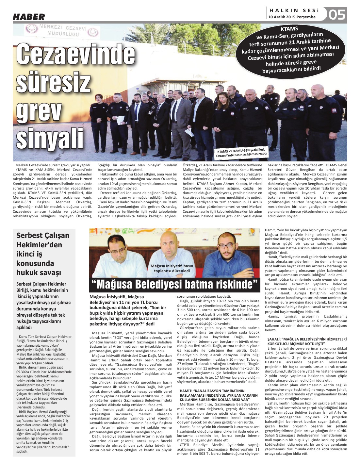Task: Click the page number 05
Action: pyautogui.click(x=337, y=15)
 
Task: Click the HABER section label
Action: pyautogui.click(x=29, y=17)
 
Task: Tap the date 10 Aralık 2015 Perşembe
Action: pyautogui.click(x=292, y=17)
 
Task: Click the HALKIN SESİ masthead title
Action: pyautogui.click(x=294, y=11)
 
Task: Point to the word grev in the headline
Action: pyautogui.click(x=39, y=111)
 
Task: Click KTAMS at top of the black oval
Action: pyautogui.click(x=289, y=29)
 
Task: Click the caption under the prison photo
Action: pyautogui.click(x=241, y=153)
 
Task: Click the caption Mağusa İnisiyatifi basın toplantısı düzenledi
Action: pyautogui.click(x=172, y=268)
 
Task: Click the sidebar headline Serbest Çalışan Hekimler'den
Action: pyautogui.click(x=43, y=240)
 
